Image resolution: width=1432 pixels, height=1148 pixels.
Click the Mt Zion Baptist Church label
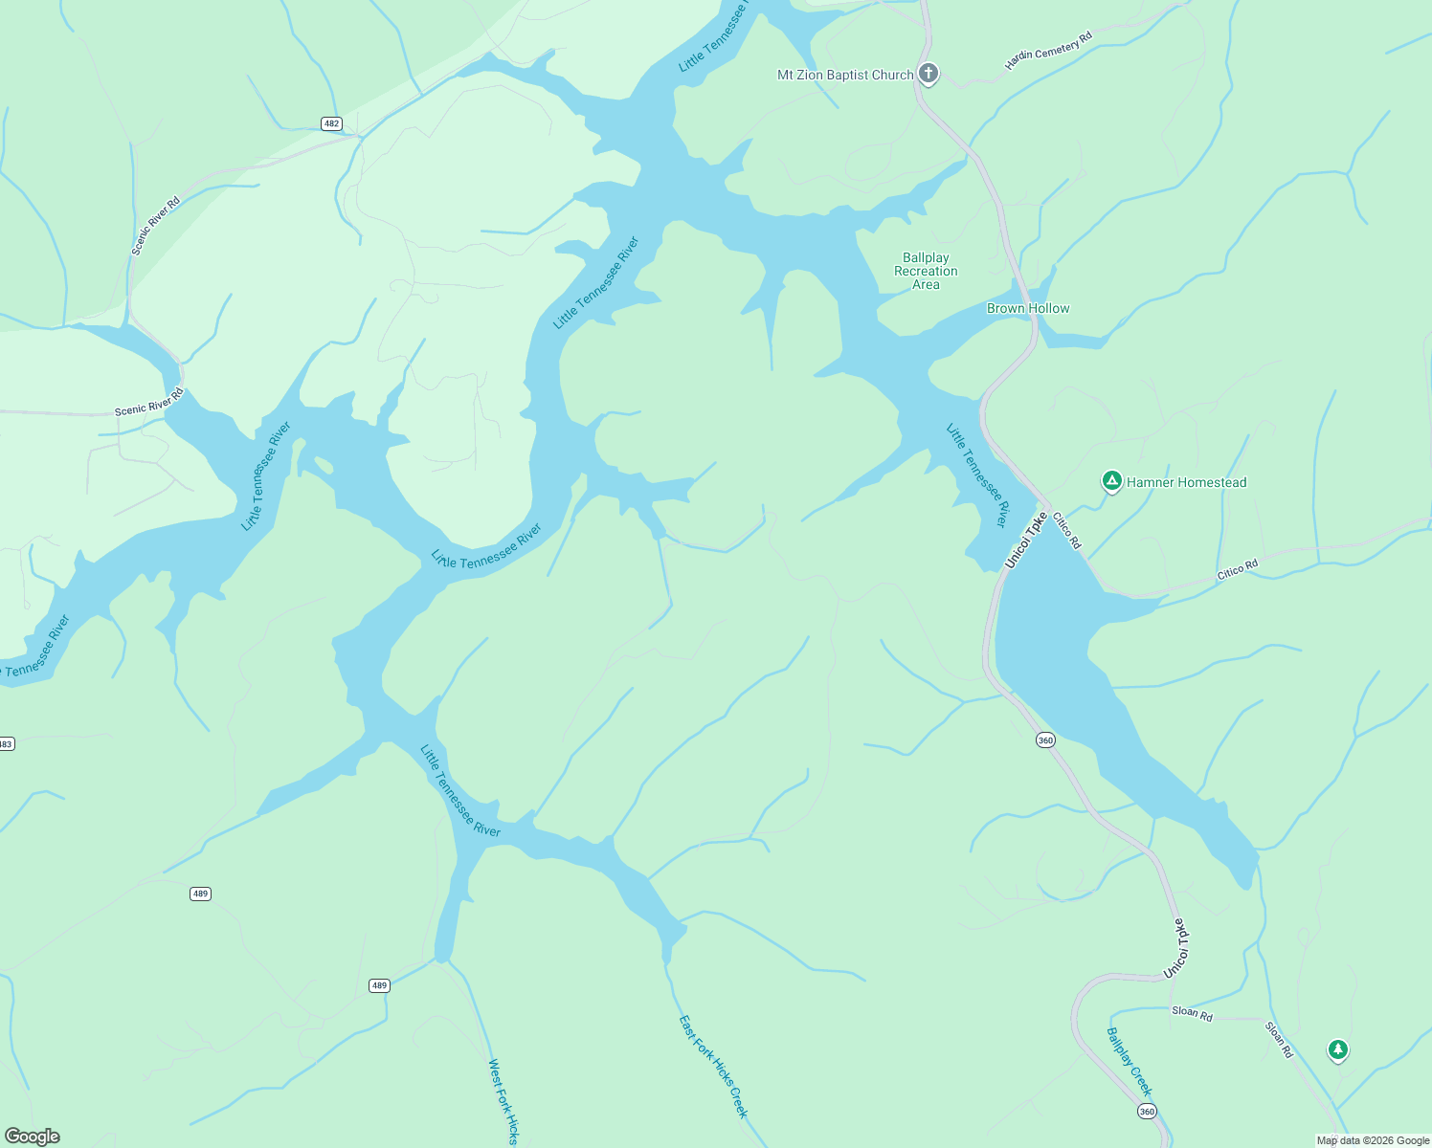(845, 75)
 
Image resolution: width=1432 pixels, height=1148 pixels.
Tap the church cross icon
(928, 73)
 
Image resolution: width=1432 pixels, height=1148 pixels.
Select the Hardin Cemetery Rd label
(1048, 52)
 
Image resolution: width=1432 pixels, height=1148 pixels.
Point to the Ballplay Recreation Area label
(926, 271)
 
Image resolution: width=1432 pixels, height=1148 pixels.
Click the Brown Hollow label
(1028, 308)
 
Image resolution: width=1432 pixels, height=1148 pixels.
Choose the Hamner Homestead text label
(1186, 482)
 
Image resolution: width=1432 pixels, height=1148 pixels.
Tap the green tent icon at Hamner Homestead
(1111, 480)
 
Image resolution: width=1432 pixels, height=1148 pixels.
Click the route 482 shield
(331, 123)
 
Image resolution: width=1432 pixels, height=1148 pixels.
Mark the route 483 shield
(6, 743)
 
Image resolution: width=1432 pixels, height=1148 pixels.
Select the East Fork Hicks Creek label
(713, 1067)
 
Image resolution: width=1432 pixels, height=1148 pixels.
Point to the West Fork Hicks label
(503, 1101)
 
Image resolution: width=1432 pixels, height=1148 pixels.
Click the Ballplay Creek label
(1130, 1062)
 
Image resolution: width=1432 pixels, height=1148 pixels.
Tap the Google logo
(32, 1137)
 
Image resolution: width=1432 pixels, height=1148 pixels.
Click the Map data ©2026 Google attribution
(1373, 1140)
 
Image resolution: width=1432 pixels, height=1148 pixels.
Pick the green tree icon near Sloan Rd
(1337, 1049)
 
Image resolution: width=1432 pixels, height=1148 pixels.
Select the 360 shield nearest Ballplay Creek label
(1147, 1111)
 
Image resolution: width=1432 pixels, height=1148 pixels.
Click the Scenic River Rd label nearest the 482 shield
(156, 227)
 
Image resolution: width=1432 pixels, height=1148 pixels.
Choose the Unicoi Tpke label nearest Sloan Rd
(1179, 948)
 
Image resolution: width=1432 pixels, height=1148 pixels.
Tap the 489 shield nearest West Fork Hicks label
(380, 985)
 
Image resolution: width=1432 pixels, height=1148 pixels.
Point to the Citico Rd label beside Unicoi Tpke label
(1067, 530)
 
